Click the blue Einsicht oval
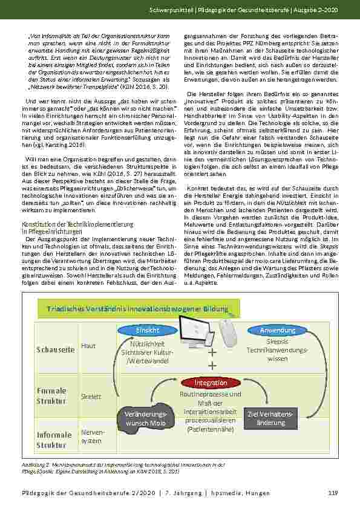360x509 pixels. point(148,331)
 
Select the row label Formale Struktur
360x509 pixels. point(51,395)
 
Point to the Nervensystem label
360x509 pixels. point(92,436)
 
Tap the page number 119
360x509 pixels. point(332,493)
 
